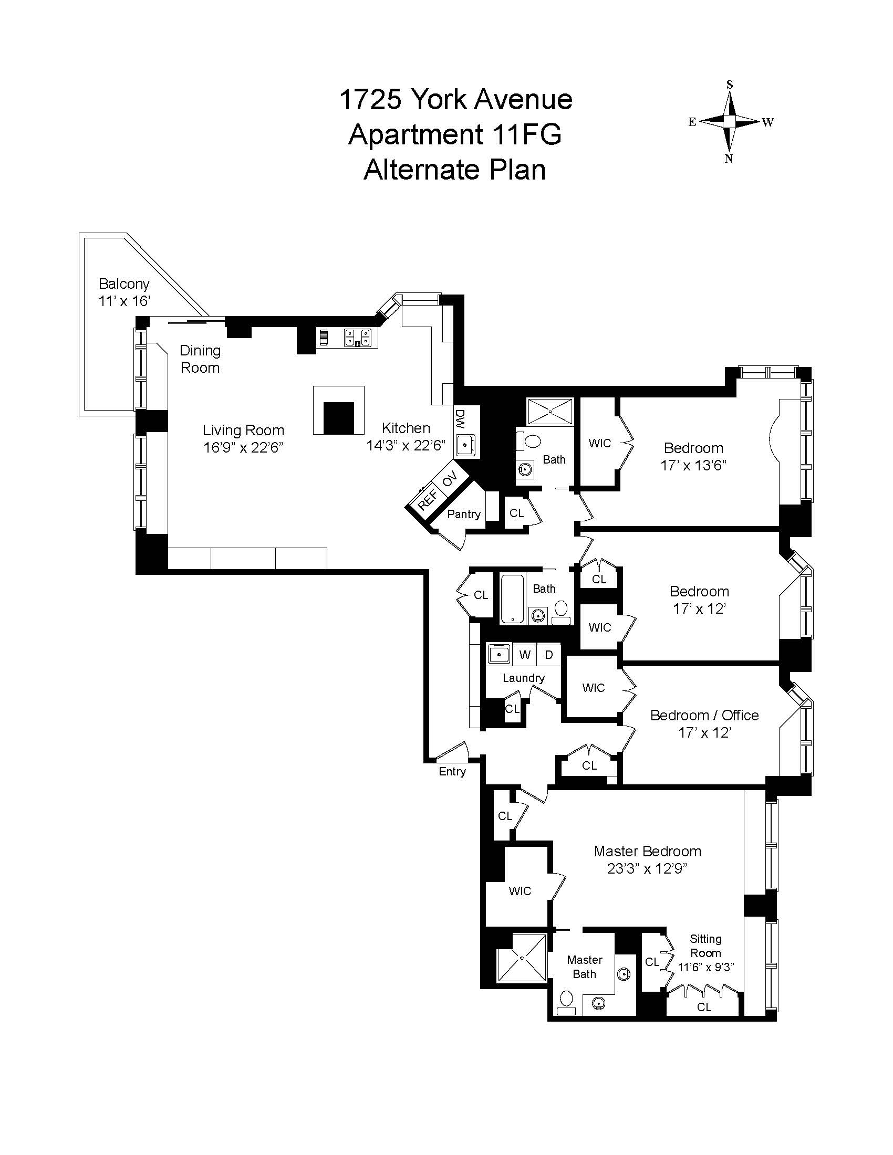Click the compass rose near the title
[x=730, y=122]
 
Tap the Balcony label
[x=124, y=284]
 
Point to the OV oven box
[x=449, y=480]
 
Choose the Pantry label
[x=463, y=514]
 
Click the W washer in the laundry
[x=525, y=655]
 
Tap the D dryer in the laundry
[x=549, y=655]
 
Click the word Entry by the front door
[x=452, y=771]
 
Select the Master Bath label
[x=585, y=967]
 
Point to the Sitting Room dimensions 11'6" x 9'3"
[x=705, y=967]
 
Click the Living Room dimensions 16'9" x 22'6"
[x=243, y=447]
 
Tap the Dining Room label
[x=200, y=359]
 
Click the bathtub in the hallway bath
[x=512, y=598]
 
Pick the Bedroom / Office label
[x=704, y=715]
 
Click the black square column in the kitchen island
[x=339, y=418]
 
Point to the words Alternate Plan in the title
[x=454, y=170]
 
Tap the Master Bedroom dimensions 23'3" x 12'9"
[x=647, y=868]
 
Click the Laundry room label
[x=523, y=678]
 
